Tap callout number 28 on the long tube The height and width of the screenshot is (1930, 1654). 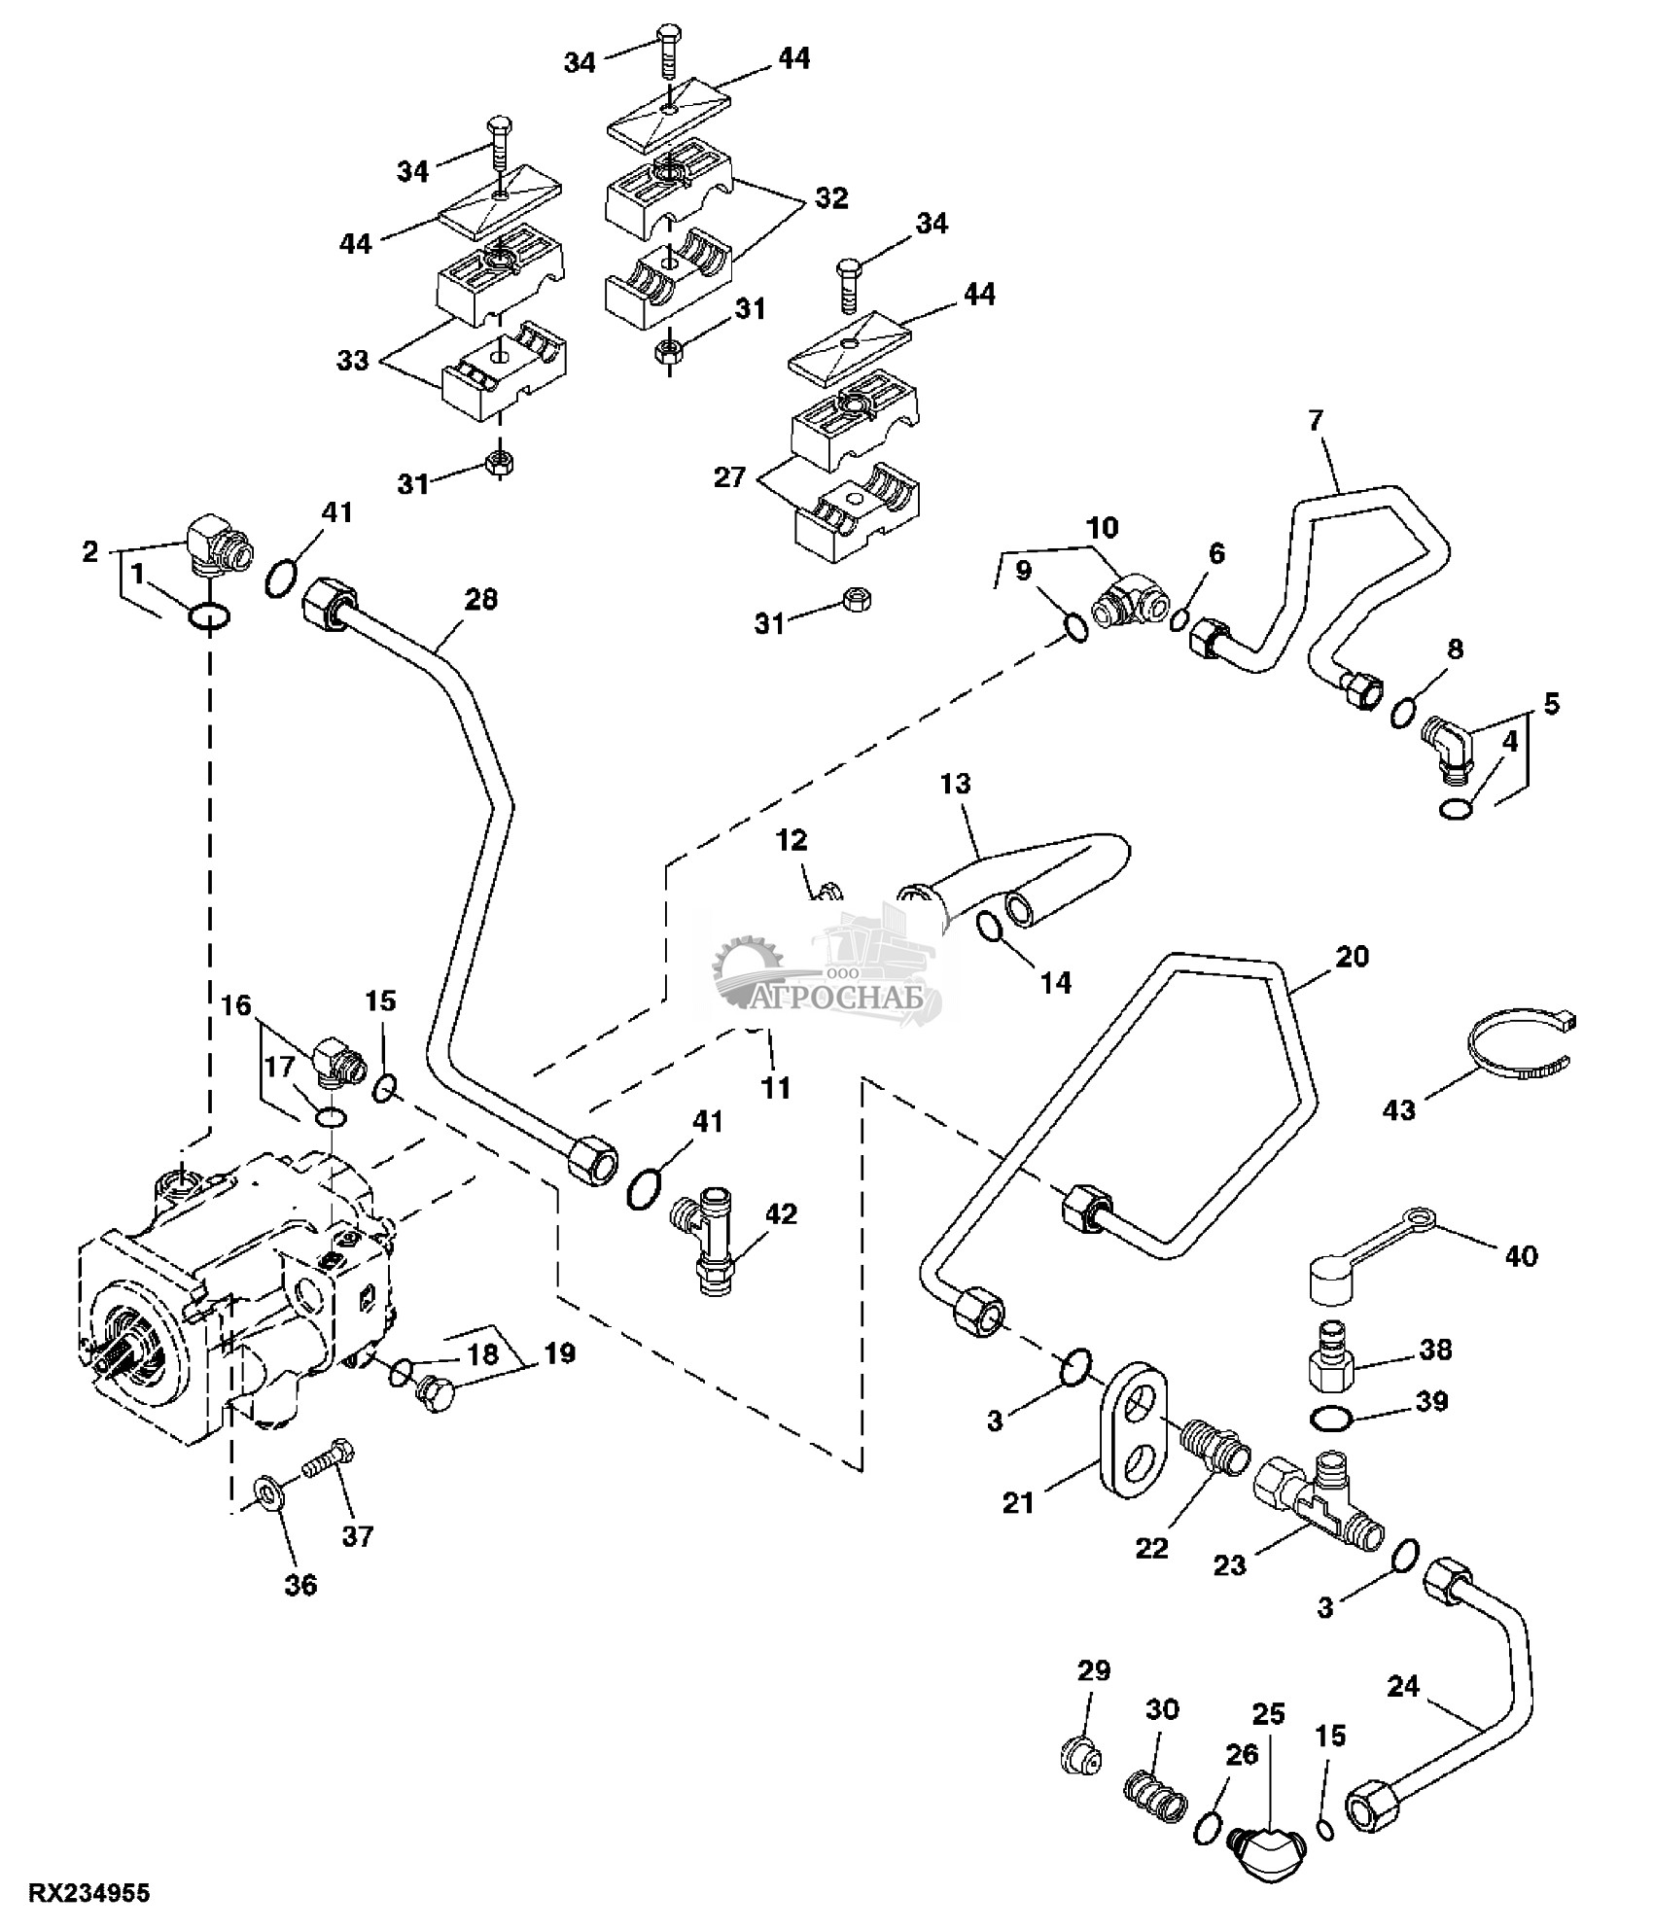click(x=480, y=600)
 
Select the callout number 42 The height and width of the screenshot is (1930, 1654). click(x=780, y=1214)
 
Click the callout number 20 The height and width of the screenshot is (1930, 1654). click(x=1352, y=957)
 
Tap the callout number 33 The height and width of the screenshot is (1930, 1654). click(x=353, y=361)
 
